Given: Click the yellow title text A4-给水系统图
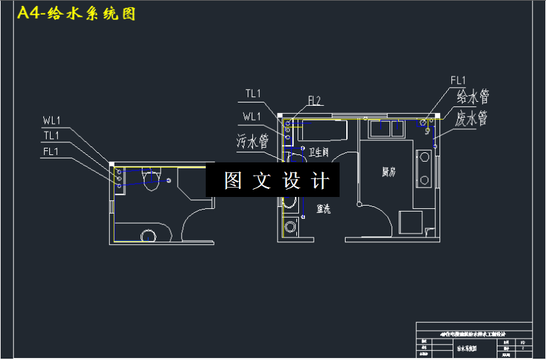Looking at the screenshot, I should [x=76, y=14].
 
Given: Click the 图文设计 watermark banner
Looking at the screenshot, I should [x=272, y=180].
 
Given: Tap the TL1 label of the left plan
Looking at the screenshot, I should [x=52, y=136].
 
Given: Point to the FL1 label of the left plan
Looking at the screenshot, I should [x=52, y=151].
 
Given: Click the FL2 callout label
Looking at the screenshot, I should [x=314, y=101].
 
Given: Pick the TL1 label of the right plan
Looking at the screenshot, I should [x=253, y=94].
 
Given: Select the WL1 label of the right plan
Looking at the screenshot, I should [x=252, y=117].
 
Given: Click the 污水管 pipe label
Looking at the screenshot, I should [x=252, y=141].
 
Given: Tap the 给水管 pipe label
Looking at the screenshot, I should [x=473, y=97].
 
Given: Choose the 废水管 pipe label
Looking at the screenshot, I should [x=473, y=119].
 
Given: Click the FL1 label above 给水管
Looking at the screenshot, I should [x=458, y=81].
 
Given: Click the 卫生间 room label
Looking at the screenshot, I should [x=318, y=152].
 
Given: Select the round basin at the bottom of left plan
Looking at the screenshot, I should [x=148, y=236].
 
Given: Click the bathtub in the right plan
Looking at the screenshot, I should [x=322, y=129].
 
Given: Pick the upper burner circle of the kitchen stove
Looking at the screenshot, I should [x=423, y=158].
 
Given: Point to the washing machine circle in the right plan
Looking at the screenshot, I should [x=290, y=227].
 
